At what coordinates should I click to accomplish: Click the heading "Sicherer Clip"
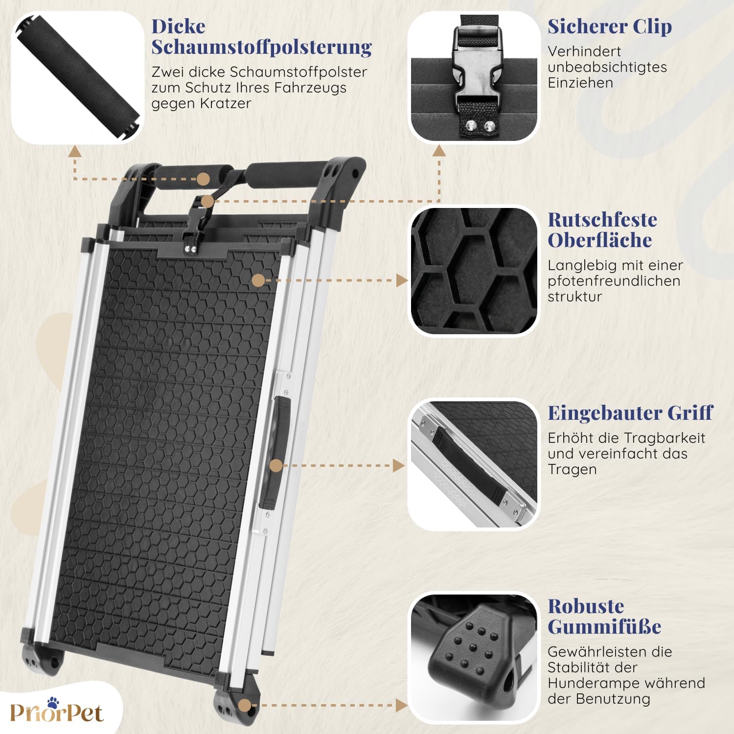[x=610, y=27]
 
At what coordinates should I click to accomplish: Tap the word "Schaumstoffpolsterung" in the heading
[x=261, y=47]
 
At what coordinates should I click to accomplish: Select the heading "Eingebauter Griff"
[x=630, y=413]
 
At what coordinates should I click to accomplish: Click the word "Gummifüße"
[x=604, y=627]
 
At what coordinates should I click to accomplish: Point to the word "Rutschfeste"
[x=602, y=220]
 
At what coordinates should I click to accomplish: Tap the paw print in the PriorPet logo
[x=53, y=702]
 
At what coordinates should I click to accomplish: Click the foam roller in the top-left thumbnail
[x=78, y=78]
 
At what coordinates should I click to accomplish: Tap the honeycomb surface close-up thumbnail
[x=473, y=271]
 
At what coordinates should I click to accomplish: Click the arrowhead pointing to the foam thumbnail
[x=74, y=151]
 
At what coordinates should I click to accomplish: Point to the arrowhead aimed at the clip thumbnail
[x=439, y=151]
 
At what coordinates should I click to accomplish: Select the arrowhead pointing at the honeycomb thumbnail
[x=402, y=280]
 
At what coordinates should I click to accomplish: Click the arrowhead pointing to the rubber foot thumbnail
[x=401, y=705]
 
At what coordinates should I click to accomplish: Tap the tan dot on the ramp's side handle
[x=276, y=465]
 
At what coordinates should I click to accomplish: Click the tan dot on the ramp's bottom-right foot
[x=245, y=706]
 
